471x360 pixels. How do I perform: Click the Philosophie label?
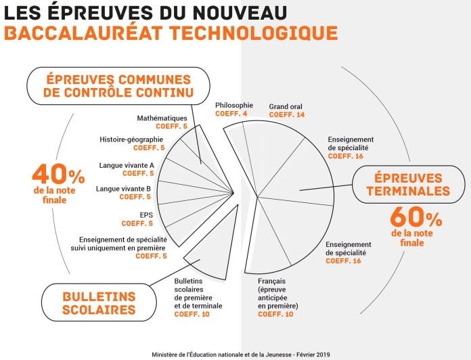click(x=234, y=106)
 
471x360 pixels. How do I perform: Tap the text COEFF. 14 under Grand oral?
click(x=287, y=114)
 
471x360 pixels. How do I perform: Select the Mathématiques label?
click(x=162, y=118)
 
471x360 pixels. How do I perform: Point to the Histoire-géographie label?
click(x=131, y=139)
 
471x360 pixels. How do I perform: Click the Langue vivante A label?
click(x=127, y=165)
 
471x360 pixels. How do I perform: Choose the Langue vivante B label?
click(x=123, y=189)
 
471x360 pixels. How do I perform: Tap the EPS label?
click(x=146, y=215)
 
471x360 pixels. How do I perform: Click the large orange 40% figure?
click(x=58, y=174)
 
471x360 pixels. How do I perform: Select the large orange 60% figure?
click(x=416, y=217)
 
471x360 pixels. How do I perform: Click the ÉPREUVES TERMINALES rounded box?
click(x=408, y=184)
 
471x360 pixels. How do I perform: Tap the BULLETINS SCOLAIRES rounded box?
click(x=99, y=302)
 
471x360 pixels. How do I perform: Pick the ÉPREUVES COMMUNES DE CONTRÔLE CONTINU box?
click(x=118, y=86)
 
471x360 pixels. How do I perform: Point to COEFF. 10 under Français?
click(x=275, y=315)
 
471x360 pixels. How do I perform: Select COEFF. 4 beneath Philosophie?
click(x=231, y=114)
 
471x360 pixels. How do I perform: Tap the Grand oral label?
click(x=286, y=107)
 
